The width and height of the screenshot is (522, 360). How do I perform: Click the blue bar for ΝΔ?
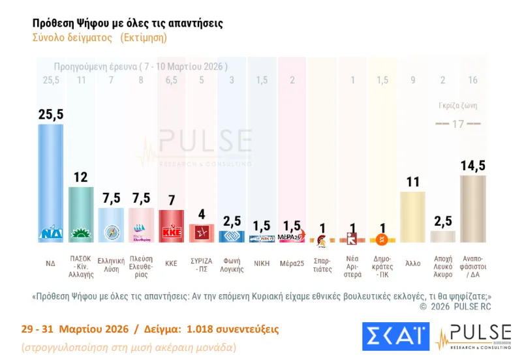51,183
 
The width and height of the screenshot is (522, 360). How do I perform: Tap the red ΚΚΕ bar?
171,226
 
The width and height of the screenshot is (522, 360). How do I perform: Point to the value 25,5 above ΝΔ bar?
51,114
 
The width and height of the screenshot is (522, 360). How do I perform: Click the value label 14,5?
472,166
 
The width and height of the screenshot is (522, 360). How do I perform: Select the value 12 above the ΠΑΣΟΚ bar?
81,177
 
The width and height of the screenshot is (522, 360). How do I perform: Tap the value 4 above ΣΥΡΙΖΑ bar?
201,214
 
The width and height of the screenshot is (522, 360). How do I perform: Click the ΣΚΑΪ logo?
395,337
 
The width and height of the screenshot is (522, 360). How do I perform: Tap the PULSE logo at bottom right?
472,337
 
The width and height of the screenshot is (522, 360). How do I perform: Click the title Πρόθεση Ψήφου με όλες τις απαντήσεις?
128,23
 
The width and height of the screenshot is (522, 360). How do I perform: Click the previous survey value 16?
472,80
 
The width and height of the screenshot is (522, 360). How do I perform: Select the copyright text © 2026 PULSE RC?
455,306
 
